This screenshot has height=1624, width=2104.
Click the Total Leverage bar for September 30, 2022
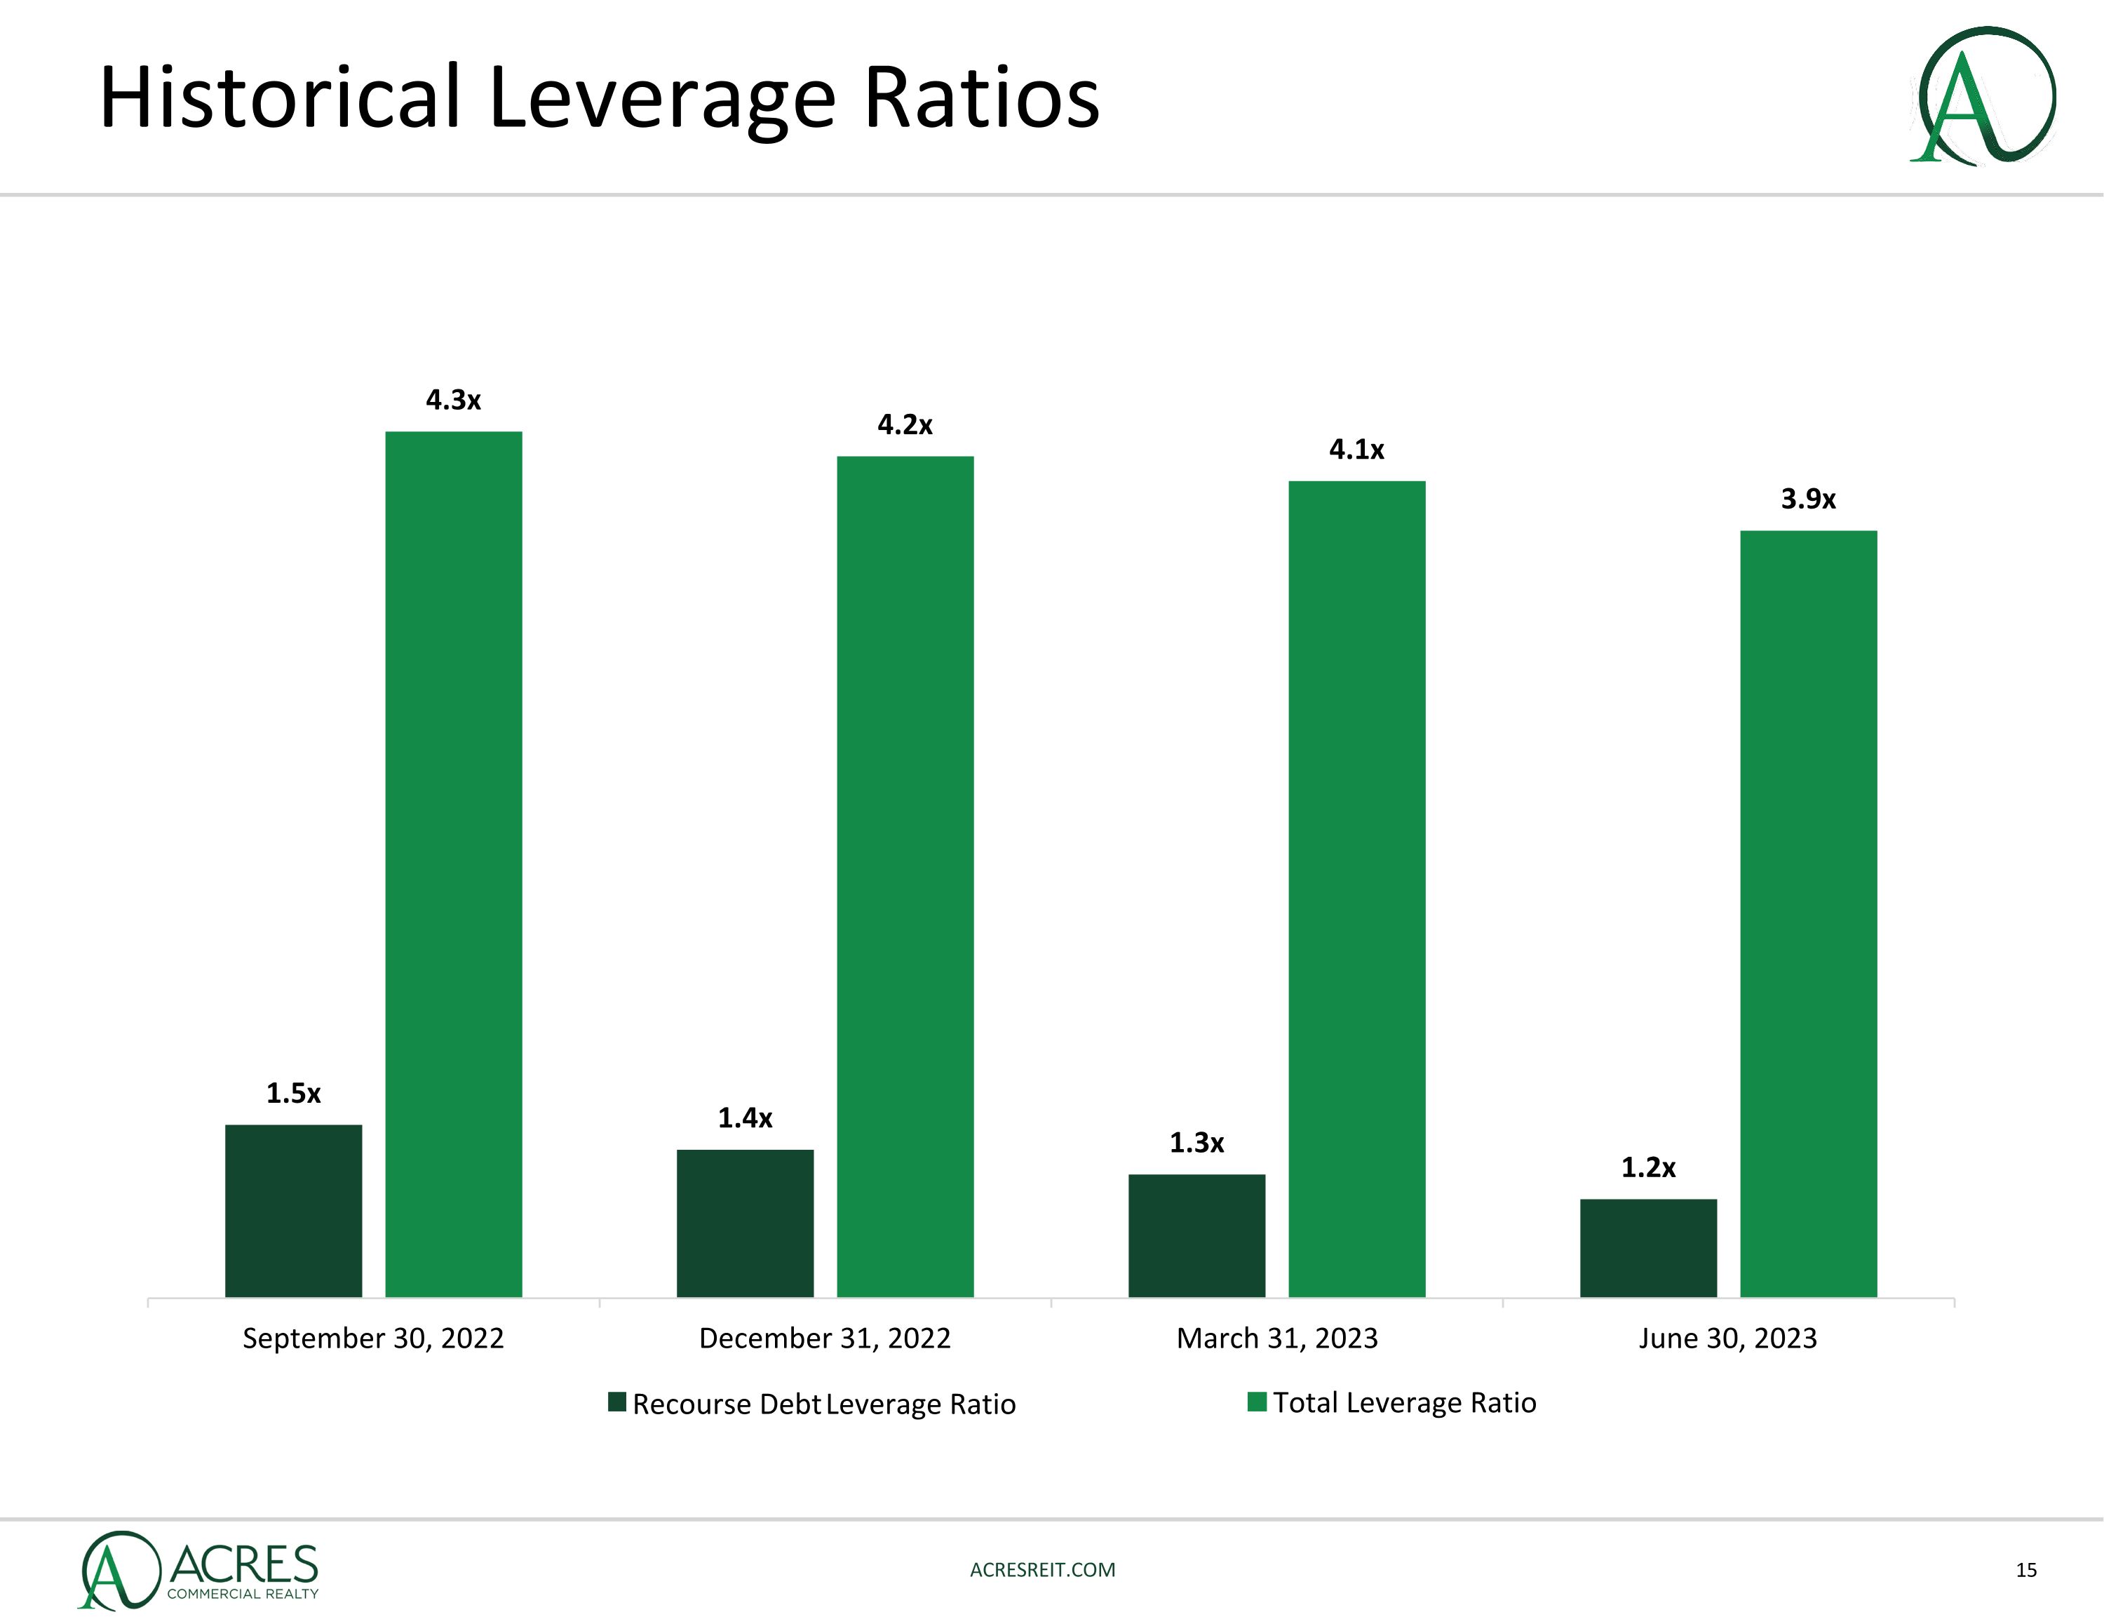click(x=453, y=864)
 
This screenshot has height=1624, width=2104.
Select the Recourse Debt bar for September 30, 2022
click(x=293, y=1211)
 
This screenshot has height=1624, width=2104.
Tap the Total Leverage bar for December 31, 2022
click(x=905, y=876)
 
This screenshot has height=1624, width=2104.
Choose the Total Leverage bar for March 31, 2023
click(x=1356, y=889)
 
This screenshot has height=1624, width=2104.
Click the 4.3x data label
click(x=453, y=400)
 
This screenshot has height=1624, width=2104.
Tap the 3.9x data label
click(x=1808, y=499)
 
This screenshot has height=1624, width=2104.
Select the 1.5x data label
click(x=293, y=1094)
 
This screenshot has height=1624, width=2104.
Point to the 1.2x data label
click(x=1648, y=1168)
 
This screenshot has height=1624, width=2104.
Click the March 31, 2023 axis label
click(x=1276, y=1338)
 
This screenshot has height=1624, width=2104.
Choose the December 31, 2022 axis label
click(x=825, y=1338)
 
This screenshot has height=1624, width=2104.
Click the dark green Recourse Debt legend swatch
click(x=617, y=1402)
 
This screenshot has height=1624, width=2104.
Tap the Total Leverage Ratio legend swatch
click(x=1256, y=1402)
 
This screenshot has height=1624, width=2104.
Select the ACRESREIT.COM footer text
click(x=1042, y=1570)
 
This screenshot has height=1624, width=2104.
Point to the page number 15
click(x=2026, y=1570)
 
